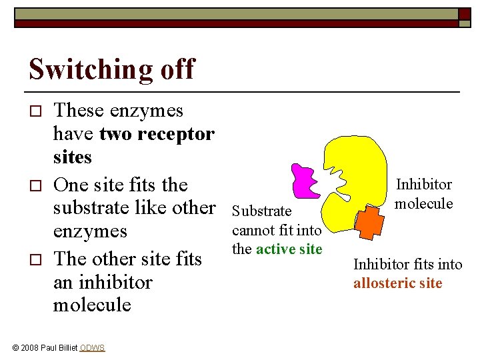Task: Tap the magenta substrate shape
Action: pos(308,179)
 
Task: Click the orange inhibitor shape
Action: pos(369,221)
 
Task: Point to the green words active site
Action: pos(290,250)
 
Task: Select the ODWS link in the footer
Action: pos(92,347)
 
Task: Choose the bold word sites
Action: pos(72,158)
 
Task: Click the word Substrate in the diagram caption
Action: pos(261,211)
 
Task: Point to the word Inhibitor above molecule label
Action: pos(424,185)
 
